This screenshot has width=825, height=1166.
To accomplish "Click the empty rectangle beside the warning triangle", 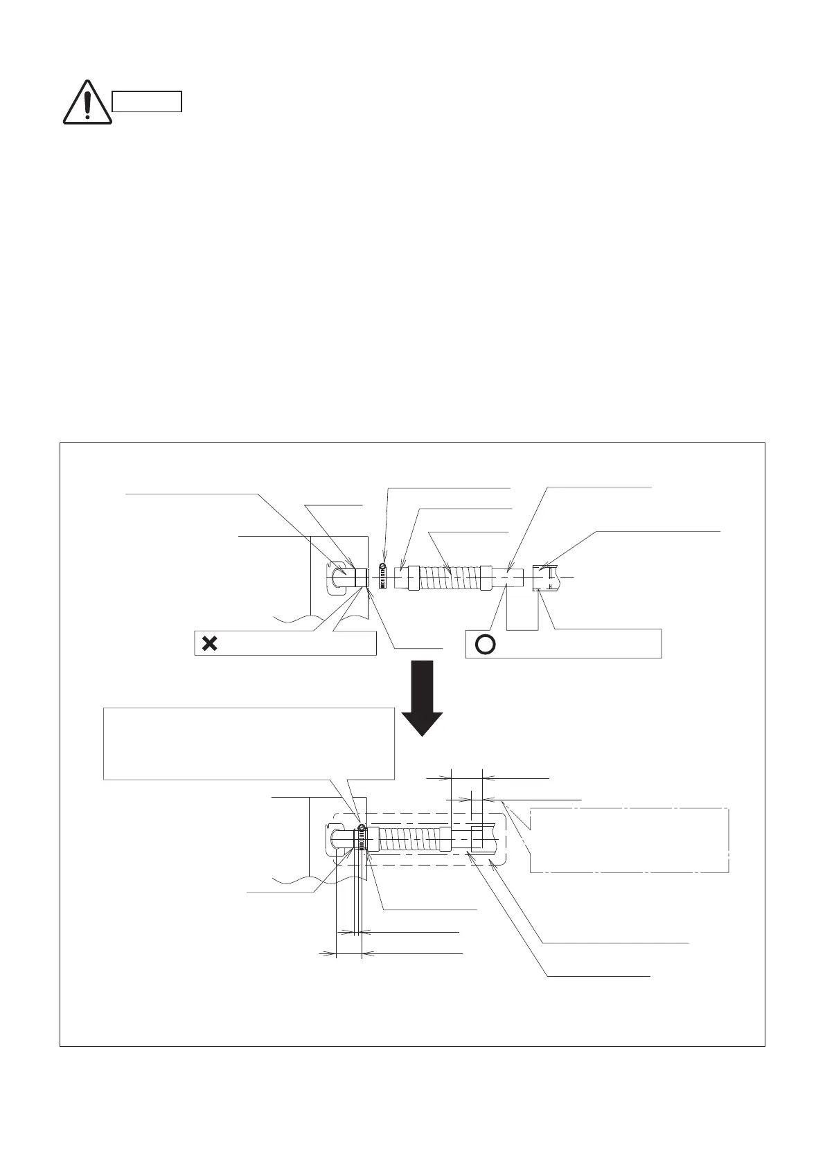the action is point(147,102).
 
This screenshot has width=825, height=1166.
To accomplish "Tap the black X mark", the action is point(209,643).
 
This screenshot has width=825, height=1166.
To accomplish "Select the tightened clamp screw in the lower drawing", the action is point(362,829).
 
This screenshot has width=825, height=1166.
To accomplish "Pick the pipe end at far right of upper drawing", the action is point(544,577).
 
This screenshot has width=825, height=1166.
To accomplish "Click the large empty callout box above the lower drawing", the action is point(248,743).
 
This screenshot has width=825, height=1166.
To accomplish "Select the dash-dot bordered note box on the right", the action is point(629,840).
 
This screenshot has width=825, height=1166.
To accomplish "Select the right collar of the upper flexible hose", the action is point(487,577).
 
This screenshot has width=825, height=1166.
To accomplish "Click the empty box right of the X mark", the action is point(298,643).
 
